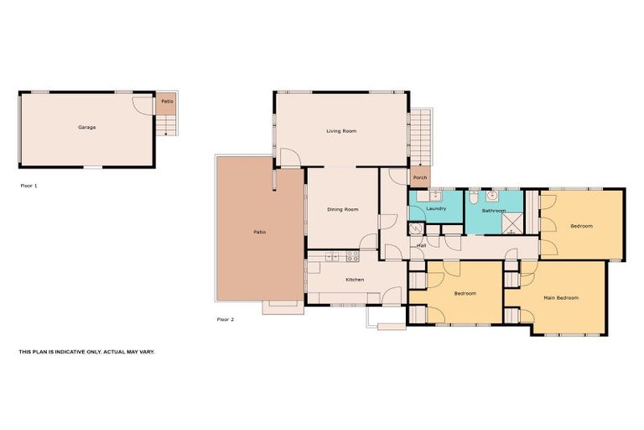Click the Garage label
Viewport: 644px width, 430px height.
coord(86,128)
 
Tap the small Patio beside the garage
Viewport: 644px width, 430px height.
coord(167,102)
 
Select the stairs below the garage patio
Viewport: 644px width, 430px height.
coord(167,125)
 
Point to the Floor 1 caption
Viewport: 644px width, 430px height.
coord(29,185)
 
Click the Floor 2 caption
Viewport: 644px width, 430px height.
coord(225,319)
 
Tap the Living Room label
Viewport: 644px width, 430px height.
coord(341,131)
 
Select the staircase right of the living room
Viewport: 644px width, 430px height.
coord(423,139)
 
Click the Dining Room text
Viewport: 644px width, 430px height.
coord(342,209)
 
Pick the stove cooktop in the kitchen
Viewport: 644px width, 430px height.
coord(353,255)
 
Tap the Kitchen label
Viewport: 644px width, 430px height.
coord(355,279)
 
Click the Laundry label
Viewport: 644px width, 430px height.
coord(435,208)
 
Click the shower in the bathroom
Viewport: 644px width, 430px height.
coord(512,223)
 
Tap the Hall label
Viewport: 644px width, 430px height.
coord(422,245)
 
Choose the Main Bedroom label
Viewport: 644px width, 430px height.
coord(561,297)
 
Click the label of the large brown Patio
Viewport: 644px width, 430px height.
coord(260,232)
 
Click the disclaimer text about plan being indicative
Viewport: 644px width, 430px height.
coord(86,352)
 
